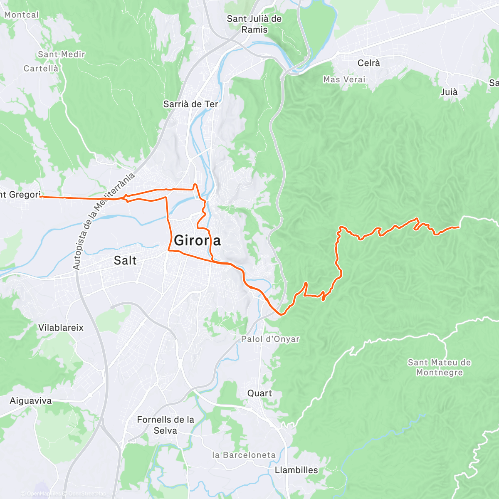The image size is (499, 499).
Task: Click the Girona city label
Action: (x=197, y=240)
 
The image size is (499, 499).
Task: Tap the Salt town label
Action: (x=125, y=261)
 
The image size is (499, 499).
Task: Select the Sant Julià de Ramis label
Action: (x=254, y=24)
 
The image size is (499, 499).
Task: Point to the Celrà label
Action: (x=369, y=63)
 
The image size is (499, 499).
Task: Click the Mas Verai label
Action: (x=344, y=79)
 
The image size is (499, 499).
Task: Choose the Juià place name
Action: (x=449, y=92)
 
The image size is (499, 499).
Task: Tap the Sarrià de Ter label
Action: (x=190, y=104)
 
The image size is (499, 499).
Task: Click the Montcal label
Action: (x=21, y=15)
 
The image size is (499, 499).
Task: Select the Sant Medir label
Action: (x=62, y=54)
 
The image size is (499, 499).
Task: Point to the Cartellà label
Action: (x=41, y=69)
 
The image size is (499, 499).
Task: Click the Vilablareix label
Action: (x=61, y=328)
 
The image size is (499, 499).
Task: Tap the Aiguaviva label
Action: (x=31, y=401)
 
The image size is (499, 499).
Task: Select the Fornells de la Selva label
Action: (x=166, y=425)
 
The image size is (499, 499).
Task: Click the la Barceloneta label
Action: (x=244, y=455)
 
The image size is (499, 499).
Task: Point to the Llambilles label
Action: (x=296, y=470)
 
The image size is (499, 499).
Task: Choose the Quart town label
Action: (x=260, y=393)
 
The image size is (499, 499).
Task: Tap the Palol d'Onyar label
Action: (x=270, y=339)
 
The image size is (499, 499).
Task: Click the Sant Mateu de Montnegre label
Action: (x=440, y=368)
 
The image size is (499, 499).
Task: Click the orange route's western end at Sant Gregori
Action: (x=41, y=197)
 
